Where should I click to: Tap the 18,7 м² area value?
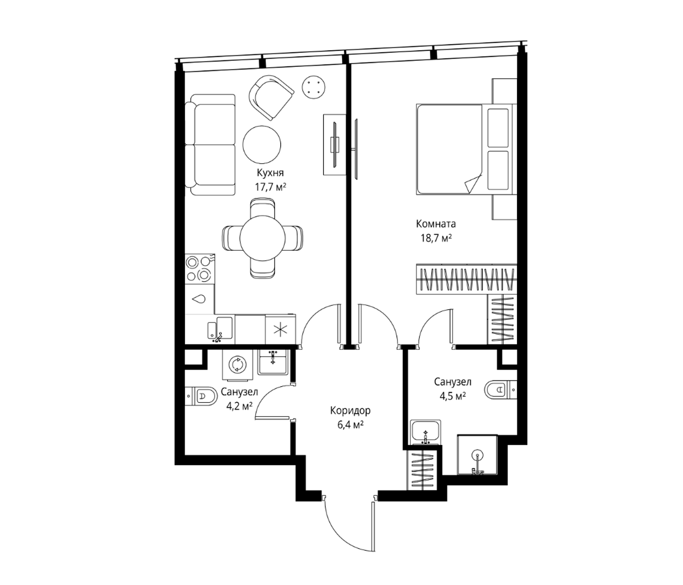click(x=436, y=238)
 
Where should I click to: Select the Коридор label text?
click(x=350, y=411)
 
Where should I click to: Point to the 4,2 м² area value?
click(x=239, y=406)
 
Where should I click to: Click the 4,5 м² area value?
click(x=452, y=396)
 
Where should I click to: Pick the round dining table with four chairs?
click(x=262, y=238)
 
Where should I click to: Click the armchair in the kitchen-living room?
click(x=271, y=97)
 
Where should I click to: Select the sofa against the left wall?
click(x=210, y=145)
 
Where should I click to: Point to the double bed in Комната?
click(x=466, y=149)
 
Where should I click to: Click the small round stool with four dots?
click(x=314, y=87)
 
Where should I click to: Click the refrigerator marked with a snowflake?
click(x=280, y=330)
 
